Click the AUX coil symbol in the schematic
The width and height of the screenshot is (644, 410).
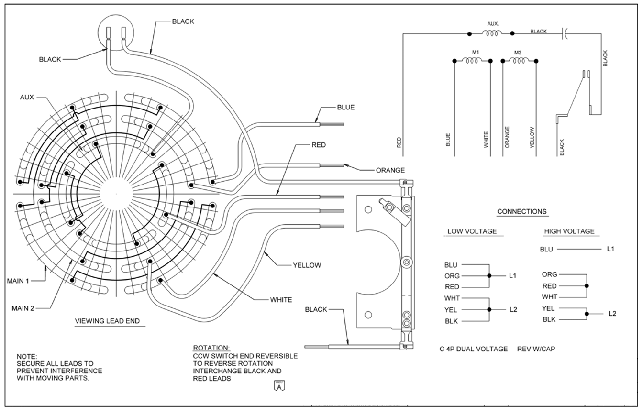(491, 33)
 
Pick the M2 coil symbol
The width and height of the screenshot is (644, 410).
(519, 60)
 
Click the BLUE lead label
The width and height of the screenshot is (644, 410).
(346, 107)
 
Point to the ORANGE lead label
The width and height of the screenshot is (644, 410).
(390, 170)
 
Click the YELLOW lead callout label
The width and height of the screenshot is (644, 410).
(308, 265)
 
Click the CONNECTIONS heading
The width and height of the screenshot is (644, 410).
(522, 211)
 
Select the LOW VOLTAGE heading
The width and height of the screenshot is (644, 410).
(472, 231)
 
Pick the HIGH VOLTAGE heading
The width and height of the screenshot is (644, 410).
(569, 231)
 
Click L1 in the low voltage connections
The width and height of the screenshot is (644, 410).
(513, 276)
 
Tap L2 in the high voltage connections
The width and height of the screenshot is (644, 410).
(612, 314)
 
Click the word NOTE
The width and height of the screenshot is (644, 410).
(27, 355)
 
